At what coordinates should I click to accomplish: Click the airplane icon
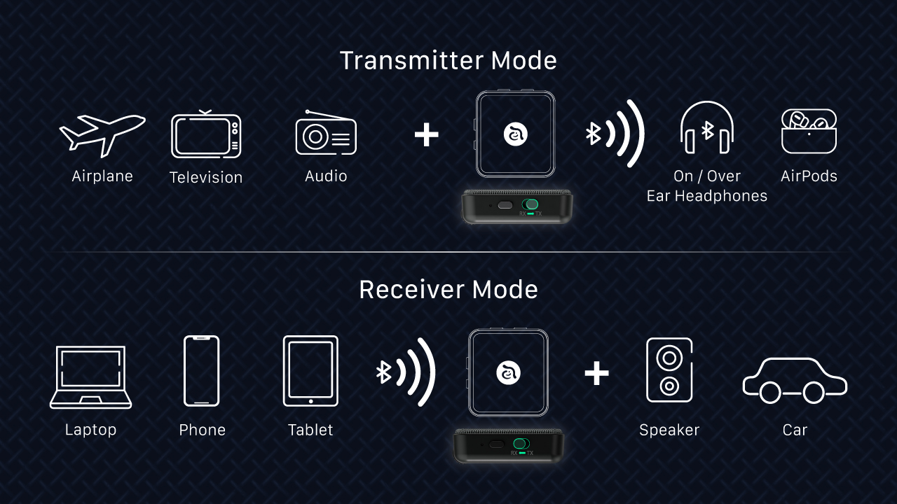coord(102,134)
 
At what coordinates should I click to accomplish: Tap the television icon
coord(206,136)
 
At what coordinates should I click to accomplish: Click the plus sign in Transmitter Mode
coord(426,134)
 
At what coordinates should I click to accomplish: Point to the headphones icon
coord(707,129)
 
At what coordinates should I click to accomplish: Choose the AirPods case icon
coord(809,131)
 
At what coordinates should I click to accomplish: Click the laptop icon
coord(90,377)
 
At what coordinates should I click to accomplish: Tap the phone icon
coord(202,371)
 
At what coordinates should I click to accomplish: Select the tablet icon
coord(310,371)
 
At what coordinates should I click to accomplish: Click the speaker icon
coord(669,370)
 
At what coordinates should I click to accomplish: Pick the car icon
coord(795,381)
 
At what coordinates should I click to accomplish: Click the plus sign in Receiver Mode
coord(596,373)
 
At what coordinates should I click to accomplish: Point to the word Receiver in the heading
coord(411,290)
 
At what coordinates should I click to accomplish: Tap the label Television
coord(206,178)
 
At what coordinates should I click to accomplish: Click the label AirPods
coord(809,176)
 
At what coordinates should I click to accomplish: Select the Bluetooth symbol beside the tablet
coord(383,372)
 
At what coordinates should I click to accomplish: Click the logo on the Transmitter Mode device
coord(516,134)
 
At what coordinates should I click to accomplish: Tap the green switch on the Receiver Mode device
coord(521,444)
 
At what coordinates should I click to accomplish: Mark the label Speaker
coord(669,430)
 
